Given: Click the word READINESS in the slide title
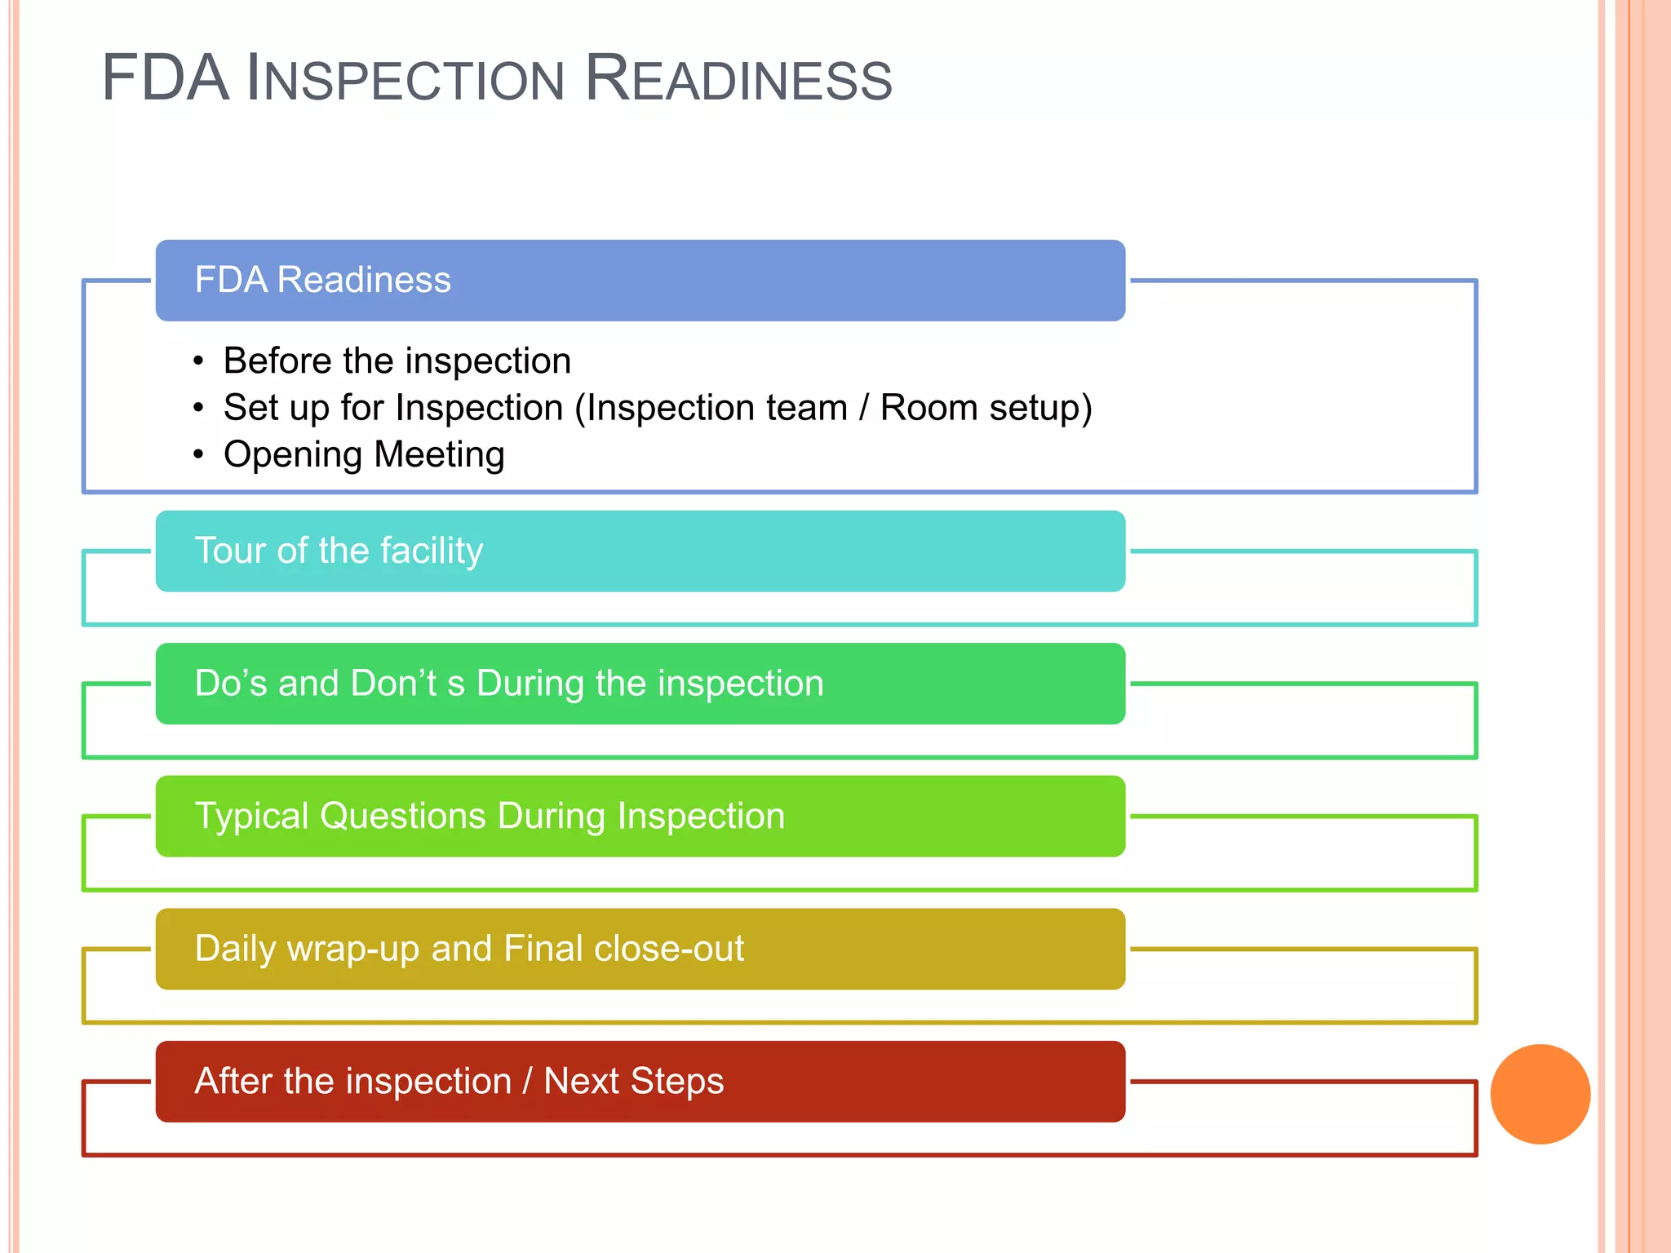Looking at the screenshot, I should (739, 78).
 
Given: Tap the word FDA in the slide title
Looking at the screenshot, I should (165, 78).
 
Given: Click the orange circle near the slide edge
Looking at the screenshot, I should (1540, 1094).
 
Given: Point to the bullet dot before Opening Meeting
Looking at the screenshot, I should (198, 454).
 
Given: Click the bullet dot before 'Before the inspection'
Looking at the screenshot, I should (198, 361).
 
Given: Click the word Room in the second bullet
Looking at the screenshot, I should (929, 408).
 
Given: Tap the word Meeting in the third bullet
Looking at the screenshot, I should (439, 454).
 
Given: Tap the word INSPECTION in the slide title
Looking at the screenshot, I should (406, 78).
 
